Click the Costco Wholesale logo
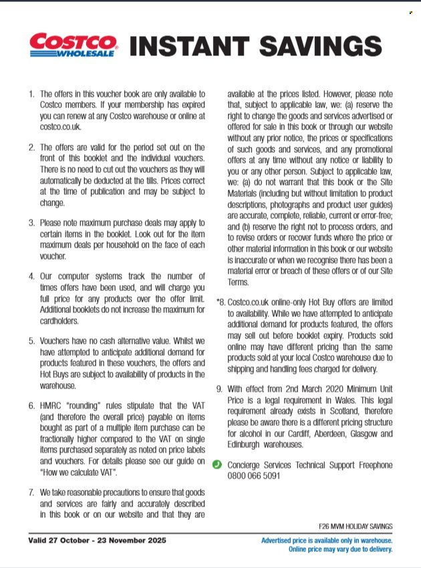click(x=73, y=45)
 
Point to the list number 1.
click(x=31, y=94)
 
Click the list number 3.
click(x=31, y=222)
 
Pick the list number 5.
click(x=31, y=340)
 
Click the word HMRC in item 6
click(x=53, y=405)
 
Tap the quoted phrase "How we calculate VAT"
click(x=78, y=473)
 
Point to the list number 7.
click(x=31, y=492)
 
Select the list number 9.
click(x=219, y=388)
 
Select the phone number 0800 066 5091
click(x=254, y=476)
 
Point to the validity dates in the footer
click(x=97, y=540)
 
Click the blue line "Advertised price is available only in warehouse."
click(x=327, y=540)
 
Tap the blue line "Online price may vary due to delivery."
click(x=340, y=549)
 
